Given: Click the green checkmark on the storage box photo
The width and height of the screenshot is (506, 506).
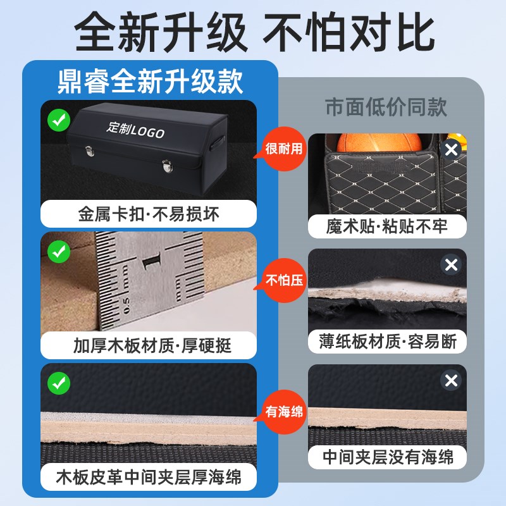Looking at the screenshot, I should (59, 119).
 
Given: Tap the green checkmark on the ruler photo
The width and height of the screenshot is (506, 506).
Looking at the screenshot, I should (59, 252).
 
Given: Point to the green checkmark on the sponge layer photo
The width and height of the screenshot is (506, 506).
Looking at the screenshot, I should (59, 383).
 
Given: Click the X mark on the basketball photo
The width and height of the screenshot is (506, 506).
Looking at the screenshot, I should (450, 150).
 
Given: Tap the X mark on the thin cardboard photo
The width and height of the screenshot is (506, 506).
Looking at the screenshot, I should (451, 265).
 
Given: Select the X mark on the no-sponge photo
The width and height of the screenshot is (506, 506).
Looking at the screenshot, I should (451, 381).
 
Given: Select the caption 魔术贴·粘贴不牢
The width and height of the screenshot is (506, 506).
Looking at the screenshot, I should (387, 226).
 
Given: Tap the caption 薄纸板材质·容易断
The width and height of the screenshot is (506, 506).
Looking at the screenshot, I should (387, 342).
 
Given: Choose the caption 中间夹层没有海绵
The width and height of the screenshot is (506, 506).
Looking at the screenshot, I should (387, 457).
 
